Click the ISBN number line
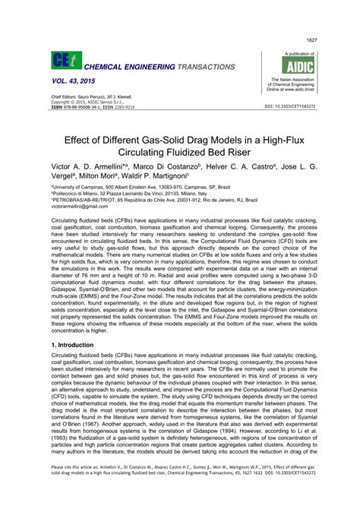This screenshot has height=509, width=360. (x=93, y=107)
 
